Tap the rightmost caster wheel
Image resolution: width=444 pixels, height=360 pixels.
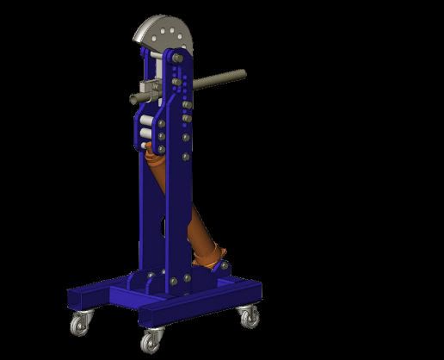(x=250, y=317)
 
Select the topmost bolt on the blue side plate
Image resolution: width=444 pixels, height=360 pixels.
(x=178, y=59)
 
